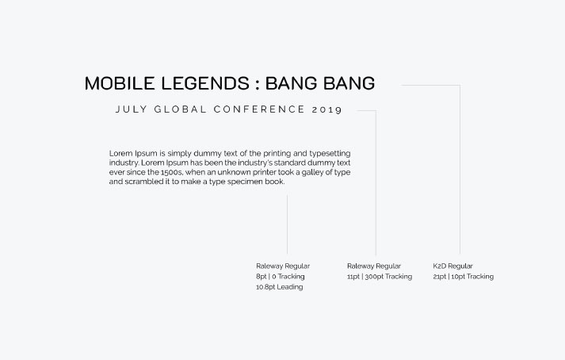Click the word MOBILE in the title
tap(120, 83)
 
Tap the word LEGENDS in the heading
tap(205, 83)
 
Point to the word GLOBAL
tap(180, 109)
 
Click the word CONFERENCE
tap(259, 109)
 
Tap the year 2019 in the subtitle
tap(326, 109)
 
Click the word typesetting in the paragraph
tap(330, 154)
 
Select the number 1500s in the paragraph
tap(172, 172)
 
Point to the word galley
tap(312, 172)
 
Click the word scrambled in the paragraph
tap(143, 182)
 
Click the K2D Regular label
tap(452, 266)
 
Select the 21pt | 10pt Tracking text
tap(463, 277)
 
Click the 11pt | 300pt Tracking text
tap(380, 277)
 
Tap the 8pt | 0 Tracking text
tap(281, 277)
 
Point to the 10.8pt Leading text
tap(279, 287)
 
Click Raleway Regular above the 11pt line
tap(374, 266)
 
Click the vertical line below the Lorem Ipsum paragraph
tap(287, 224)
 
